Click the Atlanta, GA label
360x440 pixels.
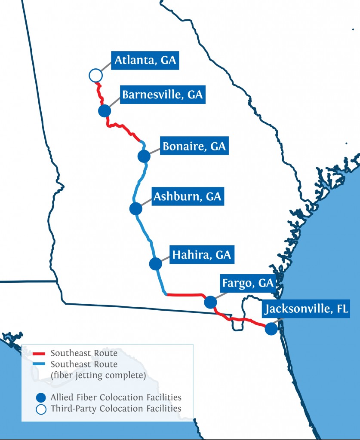pos(145,61)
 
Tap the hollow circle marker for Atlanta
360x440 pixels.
pos(95,75)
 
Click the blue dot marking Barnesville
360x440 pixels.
pos(105,111)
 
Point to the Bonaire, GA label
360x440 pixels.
pos(194,146)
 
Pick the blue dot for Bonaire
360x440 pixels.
pos(144,156)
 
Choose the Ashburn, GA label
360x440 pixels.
pos(187,197)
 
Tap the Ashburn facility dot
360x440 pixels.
pos(135,209)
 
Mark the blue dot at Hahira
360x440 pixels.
pos(155,264)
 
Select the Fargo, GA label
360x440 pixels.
pos(247,283)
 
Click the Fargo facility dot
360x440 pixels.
pos(210,302)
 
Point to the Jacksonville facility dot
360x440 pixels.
pos(271,329)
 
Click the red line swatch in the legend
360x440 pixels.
pos(39,354)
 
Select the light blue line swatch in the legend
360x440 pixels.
pos(39,364)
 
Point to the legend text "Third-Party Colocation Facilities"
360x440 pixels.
pos(116,409)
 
